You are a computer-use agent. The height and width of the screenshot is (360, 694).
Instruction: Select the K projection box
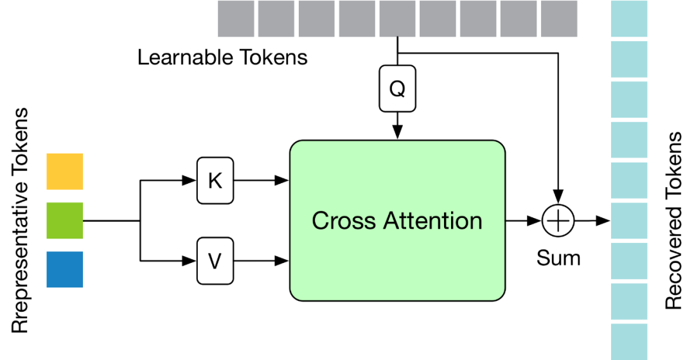coord(215,181)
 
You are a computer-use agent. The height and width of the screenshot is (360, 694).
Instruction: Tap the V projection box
coord(215,260)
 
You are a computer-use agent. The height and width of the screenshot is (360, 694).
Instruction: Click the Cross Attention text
coord(396,221)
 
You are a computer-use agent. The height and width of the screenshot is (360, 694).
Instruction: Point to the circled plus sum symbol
coord(558,221)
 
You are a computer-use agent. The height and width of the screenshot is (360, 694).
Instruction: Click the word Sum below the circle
coord(558,258)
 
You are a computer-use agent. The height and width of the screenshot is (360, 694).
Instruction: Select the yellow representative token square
coord(65,171)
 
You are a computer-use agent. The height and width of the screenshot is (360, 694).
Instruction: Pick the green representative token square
coord(65,221)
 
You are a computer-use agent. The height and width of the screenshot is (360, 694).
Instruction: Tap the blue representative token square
coord(65,269)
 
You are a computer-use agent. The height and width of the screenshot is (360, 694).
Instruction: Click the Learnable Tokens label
coord(222,57)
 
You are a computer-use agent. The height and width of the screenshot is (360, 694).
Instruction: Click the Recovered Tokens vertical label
coord(673,221)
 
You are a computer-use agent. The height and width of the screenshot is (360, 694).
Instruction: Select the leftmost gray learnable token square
coord(236,19)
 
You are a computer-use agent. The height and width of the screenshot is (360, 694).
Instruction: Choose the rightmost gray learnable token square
coord(559,19)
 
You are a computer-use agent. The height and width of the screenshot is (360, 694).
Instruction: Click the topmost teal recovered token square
coord(628,19)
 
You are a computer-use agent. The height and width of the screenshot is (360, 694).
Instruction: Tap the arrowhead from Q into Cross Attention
coord(398,132)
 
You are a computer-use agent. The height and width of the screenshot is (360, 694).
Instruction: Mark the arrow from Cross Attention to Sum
coord(524,221)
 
